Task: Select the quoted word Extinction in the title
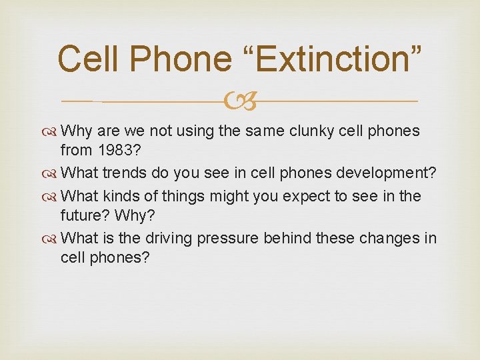click(336, 59)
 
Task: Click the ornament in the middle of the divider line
click(240, 101)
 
